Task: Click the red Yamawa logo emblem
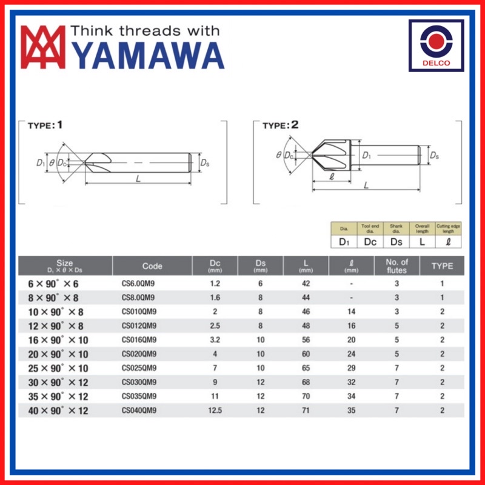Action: (x=43, y=47)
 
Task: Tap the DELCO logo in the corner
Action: (x=436, y=45)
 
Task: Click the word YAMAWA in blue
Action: (x=148, y=56)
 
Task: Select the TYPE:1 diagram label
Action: (x=45, y=125)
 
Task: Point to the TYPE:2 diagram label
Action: (x=281, y=125)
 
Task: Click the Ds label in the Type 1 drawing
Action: (x=205, y=162)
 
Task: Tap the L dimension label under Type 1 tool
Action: (x=138, y=178)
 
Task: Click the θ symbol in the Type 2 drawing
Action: (x=279, y=155)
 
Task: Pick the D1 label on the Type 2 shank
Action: (x=366, y=155)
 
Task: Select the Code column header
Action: (x=152, y=266)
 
